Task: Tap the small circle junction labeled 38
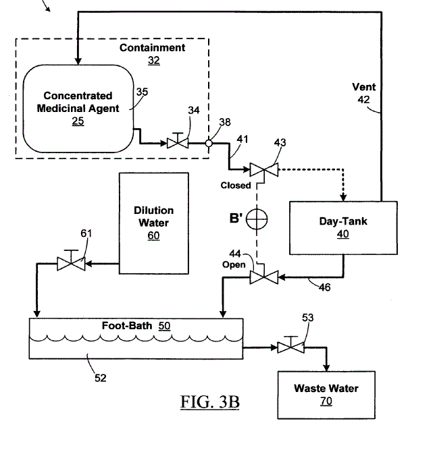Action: click(x=210, y=143)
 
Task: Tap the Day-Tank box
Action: click(x=334, y=227)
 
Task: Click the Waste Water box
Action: click(x=326, y=394)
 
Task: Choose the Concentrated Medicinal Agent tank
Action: click(x=78, y=108)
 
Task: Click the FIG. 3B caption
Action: click(x=209, y=403)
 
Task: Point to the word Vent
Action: click(x=364, y=87)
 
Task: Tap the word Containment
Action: click(x=152, y=48)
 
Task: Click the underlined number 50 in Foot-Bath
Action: click(x=164, y=325)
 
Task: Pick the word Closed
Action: click(x=236, y=185)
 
